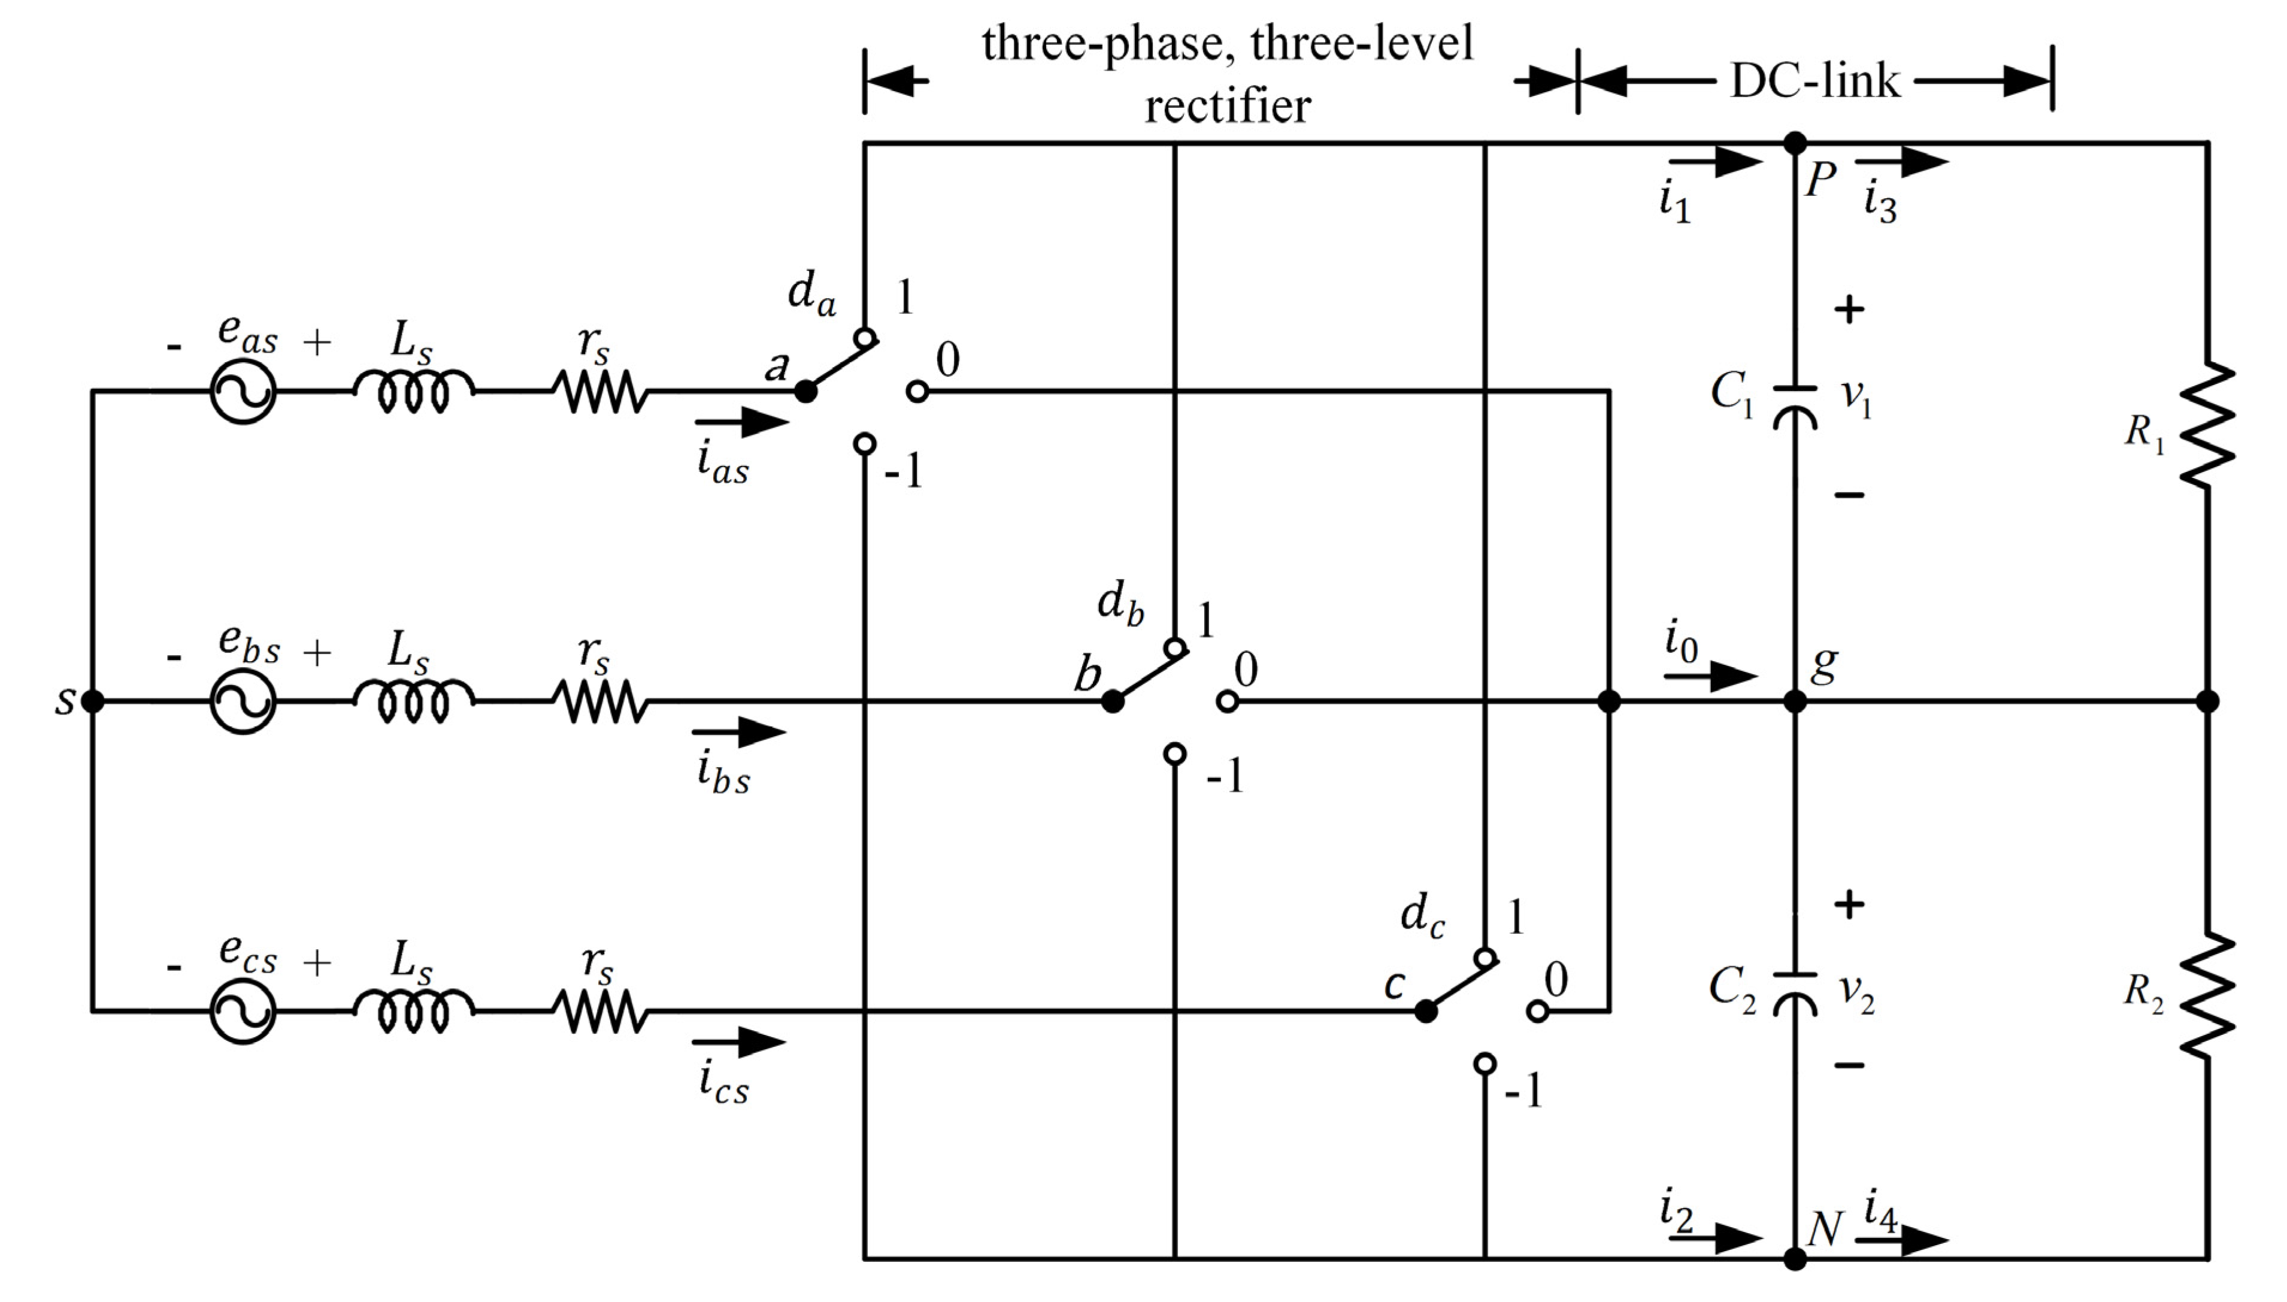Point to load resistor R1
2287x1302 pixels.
[x=2207, y=425]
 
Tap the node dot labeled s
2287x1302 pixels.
[x=92, y=701]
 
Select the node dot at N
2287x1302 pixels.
[x=1794, y=1259]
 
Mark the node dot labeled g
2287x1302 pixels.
[x=1794, y=701]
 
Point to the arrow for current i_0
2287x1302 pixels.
[x=1710, y=676]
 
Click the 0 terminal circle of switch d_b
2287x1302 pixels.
[x=1228, y=701]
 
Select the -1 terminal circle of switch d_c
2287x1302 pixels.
[x=1485, y=1063]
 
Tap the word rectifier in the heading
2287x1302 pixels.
[x=1228, y=107]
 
